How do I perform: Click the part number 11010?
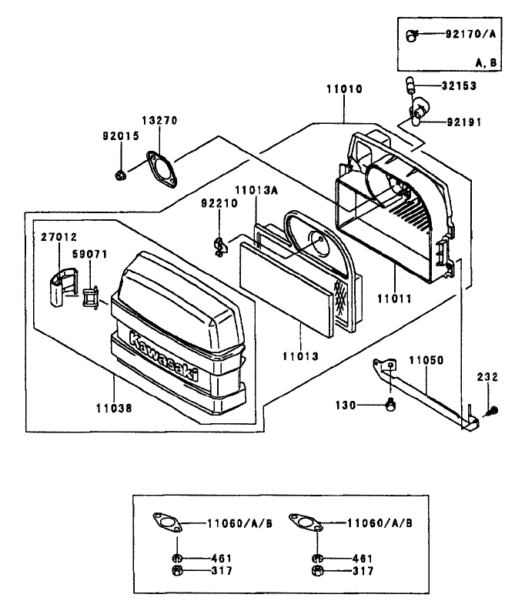point(344,89)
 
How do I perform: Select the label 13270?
point(160,120)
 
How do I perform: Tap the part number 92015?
point(121,136)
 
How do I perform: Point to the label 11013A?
point(256,190)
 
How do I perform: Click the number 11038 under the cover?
point(114,408)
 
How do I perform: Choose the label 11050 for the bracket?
point(426,360)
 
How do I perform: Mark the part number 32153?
point(459,86)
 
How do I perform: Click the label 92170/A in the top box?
point(470,34)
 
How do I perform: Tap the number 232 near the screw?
point(487,377)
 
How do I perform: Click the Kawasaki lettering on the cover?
point(164,356)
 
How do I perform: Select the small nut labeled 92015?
point(120,175)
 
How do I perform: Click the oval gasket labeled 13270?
point(162,169)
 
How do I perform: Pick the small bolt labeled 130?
point(390,404)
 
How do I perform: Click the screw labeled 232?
point(491,411)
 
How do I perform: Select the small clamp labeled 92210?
point(219,246)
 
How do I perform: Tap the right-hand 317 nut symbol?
point(317,570)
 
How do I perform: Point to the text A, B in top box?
point(487,63)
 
